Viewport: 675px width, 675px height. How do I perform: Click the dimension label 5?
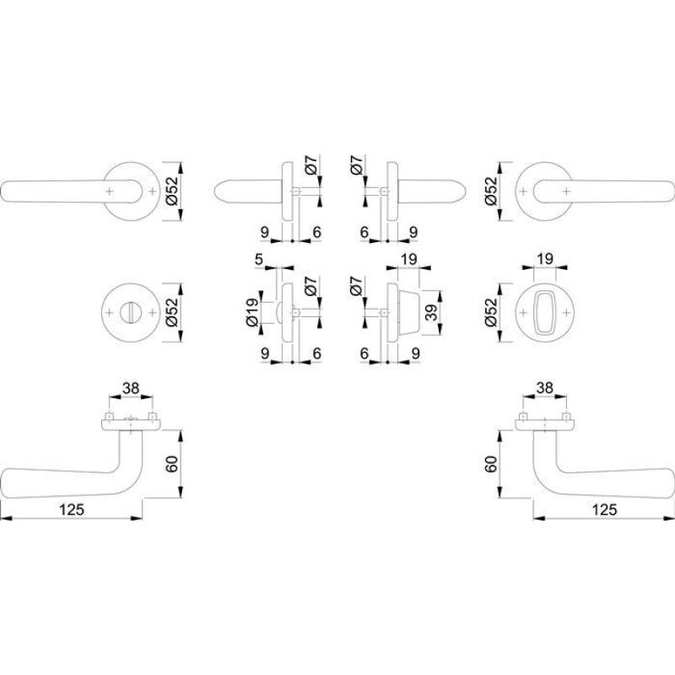click(259, 259)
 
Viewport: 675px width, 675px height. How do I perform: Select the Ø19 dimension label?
click(252, 311)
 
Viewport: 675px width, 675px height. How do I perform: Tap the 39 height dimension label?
click(431, 312)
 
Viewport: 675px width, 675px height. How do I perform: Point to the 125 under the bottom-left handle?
click(72, 510)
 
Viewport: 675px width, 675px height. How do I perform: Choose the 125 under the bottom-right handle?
click(604, 510)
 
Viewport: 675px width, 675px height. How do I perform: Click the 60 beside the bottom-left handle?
click(172, 464)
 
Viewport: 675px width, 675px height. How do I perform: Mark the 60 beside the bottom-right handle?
click(491, 464)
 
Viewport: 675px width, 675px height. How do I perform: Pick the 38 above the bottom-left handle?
click(131, 388)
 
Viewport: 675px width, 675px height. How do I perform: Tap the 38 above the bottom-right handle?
click(544, 387)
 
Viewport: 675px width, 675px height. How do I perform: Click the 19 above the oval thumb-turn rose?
click(545, 259)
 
